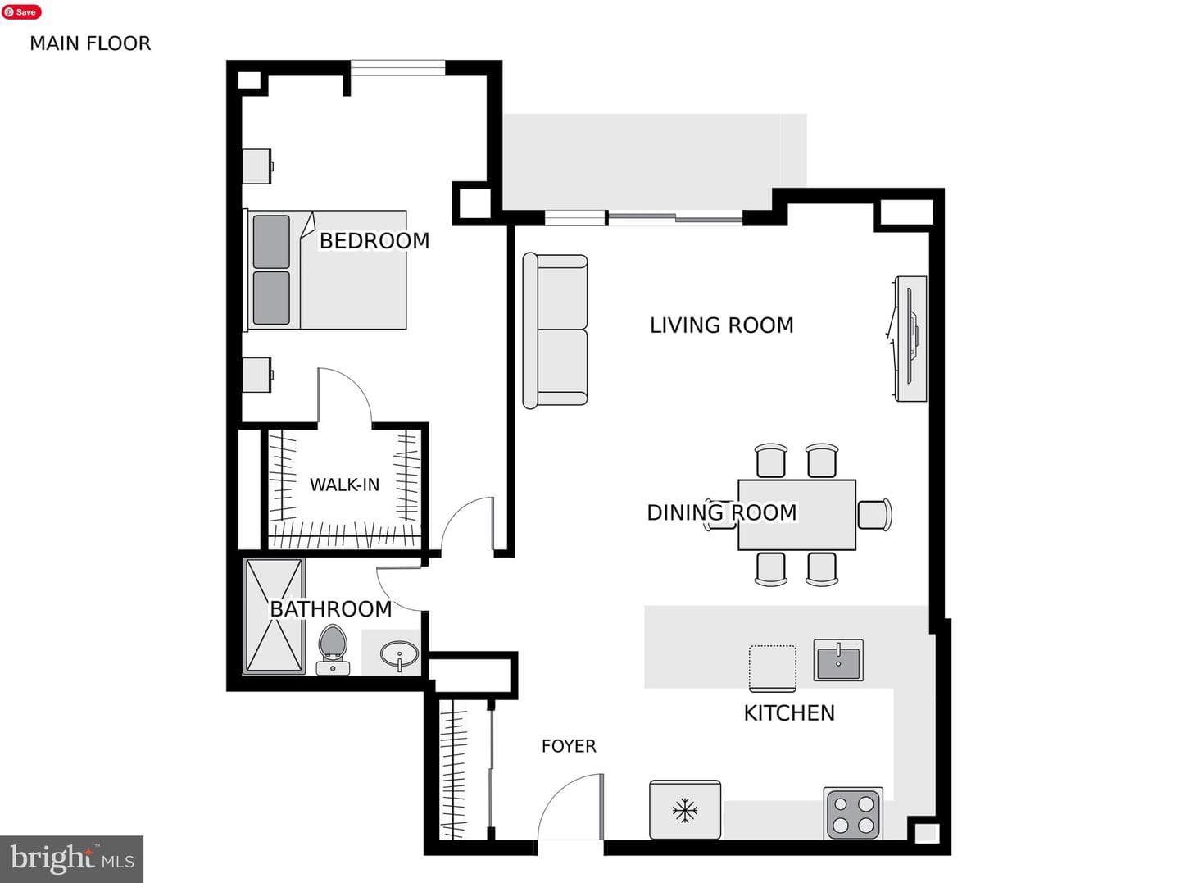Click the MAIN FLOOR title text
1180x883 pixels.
90,43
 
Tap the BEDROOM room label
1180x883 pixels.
374,241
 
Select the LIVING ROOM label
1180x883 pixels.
721,325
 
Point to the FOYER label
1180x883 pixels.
569,746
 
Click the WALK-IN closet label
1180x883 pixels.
345,485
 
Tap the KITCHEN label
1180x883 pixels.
789,713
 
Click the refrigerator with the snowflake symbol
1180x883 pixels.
685,809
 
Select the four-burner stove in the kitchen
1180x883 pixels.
853,814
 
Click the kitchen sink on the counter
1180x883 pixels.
838,660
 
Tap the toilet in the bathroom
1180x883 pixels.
333,649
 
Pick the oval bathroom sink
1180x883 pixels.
399,656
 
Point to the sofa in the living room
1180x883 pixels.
555,330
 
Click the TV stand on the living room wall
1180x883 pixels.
910,339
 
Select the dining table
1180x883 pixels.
796,515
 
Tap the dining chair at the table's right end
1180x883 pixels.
874,514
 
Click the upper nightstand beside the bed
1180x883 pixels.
257,166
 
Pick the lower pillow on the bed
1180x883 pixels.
271,298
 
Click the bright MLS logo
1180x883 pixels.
71,858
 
